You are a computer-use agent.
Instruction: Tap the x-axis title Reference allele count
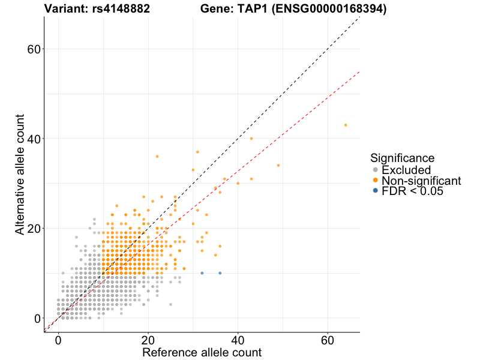click(202, 352)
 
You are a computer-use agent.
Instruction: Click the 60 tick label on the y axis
click(34, 49)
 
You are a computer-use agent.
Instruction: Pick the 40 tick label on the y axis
click(34, 139)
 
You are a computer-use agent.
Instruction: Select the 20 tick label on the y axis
click(34, 229)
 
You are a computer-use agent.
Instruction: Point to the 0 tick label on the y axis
click(37, 319)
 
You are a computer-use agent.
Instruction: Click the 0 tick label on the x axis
click(58, 340)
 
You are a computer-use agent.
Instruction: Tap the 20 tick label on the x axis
click(148, 340)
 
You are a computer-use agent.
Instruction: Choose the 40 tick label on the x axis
click(238, 340)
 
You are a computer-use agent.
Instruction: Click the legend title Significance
click(402, 158)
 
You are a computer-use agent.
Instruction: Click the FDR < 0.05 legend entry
click(413, 191)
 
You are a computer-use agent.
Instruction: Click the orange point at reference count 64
click(346, 125)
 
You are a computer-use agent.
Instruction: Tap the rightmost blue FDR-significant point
click(220, 273)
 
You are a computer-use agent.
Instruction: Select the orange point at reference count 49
click(278, 165)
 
